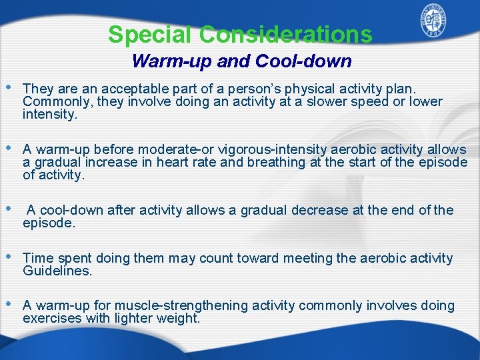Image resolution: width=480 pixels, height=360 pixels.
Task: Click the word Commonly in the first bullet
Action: (x=51, y=101)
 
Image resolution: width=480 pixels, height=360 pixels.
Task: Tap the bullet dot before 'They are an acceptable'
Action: (x=9, y=88)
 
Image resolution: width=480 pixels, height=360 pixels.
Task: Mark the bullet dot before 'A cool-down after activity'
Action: (x=9, y=209)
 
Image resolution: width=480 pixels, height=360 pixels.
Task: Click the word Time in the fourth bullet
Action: (x=37, y=258)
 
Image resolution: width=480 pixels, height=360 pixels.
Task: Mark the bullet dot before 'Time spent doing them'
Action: (x=9, y=257)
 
